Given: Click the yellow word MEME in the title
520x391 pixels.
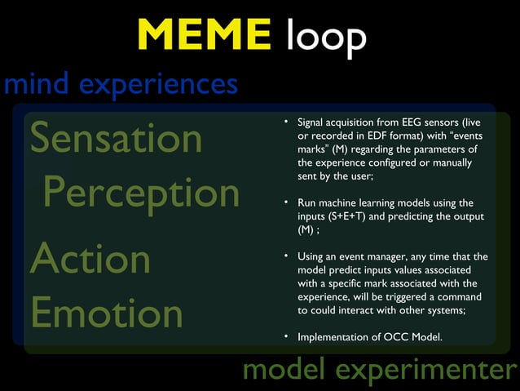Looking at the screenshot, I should (x=205, y=35).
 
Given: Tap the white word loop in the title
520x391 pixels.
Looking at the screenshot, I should (x=325, y=37).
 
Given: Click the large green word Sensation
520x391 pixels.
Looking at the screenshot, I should (x=116, y=139).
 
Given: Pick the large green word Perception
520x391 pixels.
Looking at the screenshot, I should (x=142, y=193).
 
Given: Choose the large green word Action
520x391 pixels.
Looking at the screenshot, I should (x=90, y=259).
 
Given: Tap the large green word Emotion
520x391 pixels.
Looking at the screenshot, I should (x=106, y=313).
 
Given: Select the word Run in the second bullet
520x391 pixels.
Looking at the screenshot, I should (x=307, y=202).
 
